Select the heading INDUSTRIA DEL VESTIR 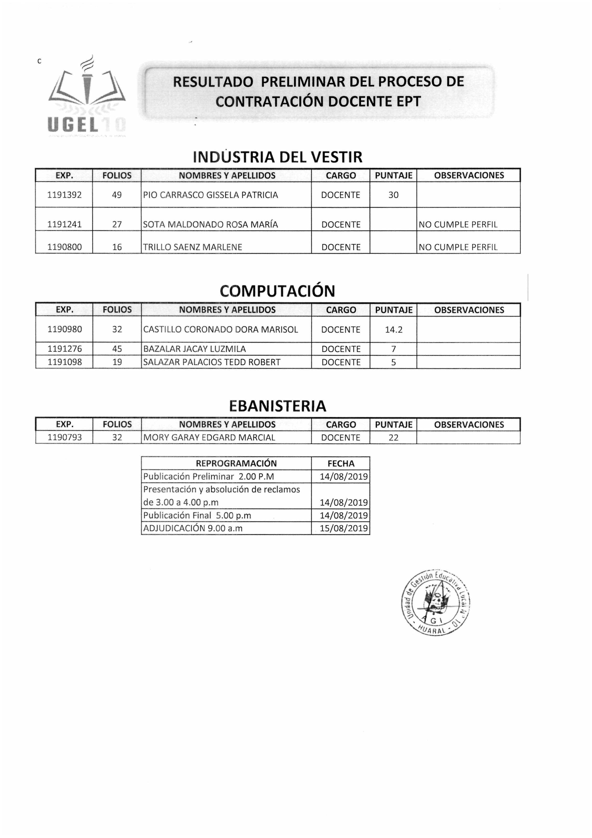278,157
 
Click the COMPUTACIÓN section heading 278,291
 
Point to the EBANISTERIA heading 278,406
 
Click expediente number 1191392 64,195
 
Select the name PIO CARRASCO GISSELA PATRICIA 211,195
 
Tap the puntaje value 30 393,195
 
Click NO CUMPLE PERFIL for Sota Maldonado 458,225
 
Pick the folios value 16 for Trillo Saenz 117,247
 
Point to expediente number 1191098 64,362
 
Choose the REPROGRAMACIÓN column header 236,463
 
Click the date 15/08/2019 344,528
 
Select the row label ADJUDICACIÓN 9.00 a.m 193,528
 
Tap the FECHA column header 341,463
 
